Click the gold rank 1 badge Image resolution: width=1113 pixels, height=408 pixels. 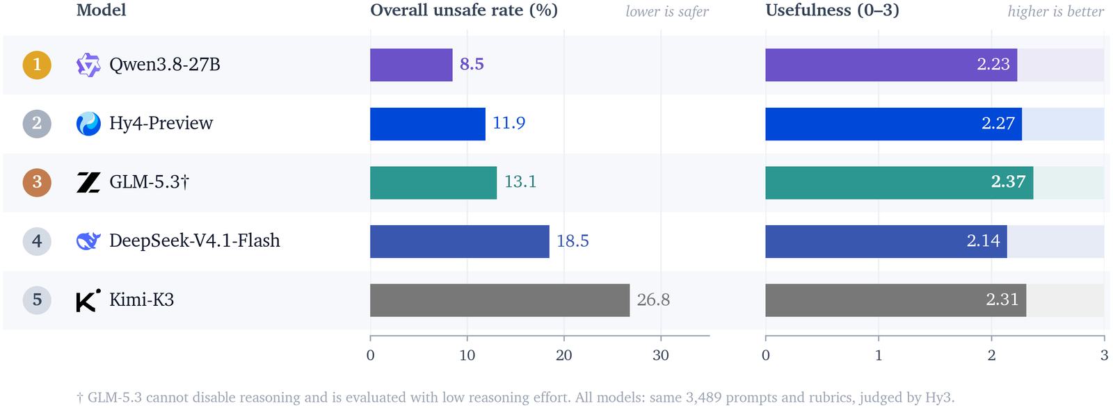37,65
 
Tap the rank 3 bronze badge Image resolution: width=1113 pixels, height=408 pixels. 37,182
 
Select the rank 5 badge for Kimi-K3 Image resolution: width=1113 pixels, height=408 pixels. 37,300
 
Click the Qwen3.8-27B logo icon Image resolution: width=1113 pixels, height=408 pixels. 88,65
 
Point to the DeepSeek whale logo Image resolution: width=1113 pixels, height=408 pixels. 88,241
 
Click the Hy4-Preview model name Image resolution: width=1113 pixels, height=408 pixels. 161,123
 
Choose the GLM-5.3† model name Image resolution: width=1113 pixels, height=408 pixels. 149,182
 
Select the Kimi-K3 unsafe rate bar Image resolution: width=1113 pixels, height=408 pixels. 500,300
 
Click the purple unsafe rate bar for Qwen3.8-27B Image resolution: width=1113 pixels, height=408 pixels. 411,65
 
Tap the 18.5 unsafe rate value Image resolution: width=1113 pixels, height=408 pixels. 572,241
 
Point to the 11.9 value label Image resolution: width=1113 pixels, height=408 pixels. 509,123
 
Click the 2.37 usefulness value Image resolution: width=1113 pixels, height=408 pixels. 1008,181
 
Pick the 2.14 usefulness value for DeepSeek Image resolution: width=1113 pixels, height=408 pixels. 984,240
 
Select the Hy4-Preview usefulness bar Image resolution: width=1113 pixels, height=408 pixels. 893,124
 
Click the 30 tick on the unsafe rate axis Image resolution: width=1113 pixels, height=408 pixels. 661,355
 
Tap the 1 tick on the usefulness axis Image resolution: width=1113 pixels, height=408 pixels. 879,355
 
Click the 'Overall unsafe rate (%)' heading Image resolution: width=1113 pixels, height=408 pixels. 464,10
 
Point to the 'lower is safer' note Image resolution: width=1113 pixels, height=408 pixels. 667,11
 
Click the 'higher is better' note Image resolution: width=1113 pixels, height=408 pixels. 1055,11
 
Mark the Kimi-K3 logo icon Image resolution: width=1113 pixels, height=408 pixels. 88,300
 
